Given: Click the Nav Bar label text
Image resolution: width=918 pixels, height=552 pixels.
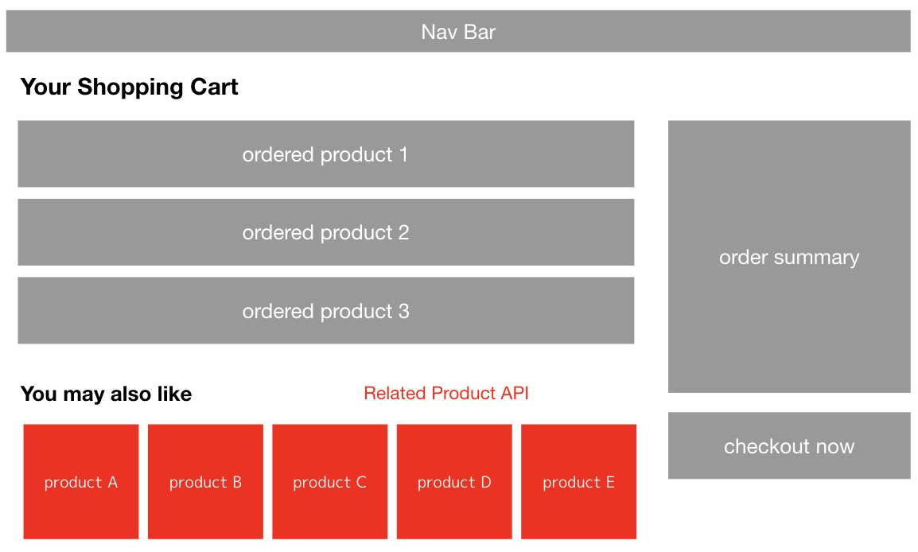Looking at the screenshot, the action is pyautogui.click(x=458, y=32).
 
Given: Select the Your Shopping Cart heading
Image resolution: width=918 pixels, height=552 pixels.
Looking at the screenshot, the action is pyautogui.click(x=130, y=87).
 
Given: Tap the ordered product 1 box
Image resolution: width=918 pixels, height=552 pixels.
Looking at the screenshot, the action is pyautogui.click(x=326, y=154).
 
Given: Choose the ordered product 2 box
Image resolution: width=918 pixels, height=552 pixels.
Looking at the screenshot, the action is pyautogui.click(x=326, y=232).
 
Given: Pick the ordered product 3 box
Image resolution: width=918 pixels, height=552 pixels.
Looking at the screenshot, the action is pyautogui.click(x=326, y=311).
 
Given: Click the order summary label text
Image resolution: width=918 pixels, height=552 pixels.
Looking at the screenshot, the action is pyautogui.click(x=789, y=258).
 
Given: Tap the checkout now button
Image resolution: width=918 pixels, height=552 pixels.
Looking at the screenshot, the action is pyautogui.click(x=789, y=446).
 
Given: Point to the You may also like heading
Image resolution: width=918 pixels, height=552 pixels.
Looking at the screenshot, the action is pyautogui.click(x=106, y=394).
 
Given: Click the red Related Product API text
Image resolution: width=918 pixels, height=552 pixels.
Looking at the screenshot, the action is pyautogui.click(x=446, y=394).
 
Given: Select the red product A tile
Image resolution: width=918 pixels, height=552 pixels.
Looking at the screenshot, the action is pyautogui.click(x=81, y=482).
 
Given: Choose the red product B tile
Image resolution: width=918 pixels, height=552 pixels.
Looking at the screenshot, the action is pyautogui.click(x=205, y=482).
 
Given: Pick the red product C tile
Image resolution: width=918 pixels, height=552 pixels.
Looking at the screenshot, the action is pyautogui.click(x=330, y=482).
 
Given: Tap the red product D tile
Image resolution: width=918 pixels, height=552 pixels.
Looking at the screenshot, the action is pyautogui.click(x=454, y=482).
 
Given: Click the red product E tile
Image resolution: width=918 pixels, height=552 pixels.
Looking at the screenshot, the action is pyautogui.click(x=579, y=482).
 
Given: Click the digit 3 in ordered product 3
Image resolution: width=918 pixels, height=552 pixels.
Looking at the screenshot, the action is pyautogui.click(x=404, y=311).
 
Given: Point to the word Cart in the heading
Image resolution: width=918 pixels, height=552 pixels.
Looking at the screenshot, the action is pyautogui.click(x=214, y=87).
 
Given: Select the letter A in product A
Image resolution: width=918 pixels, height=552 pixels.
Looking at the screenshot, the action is pyautogui.click(x=112, y=482).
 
